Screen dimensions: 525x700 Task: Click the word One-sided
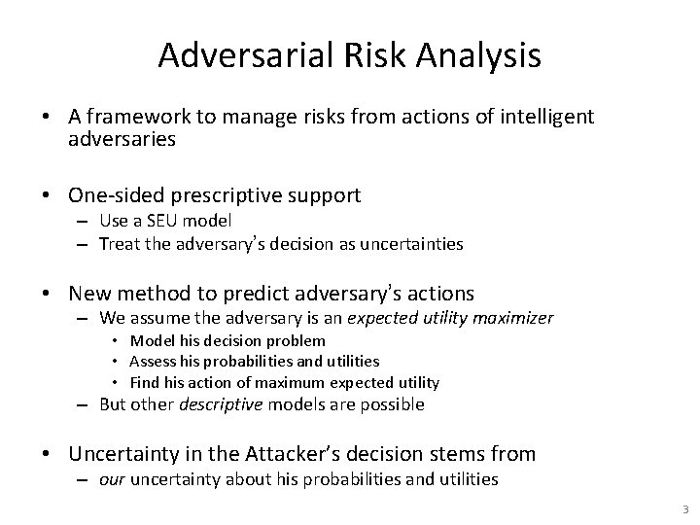point(110,195)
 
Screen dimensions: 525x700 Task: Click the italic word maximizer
point(516,318)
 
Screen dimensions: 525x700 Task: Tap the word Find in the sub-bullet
point(146,382)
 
